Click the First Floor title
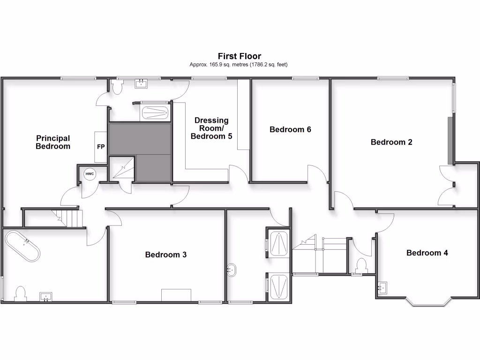click(239, 56)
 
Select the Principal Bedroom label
click(53, 142)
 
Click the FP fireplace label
click(101, 146)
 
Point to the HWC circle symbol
click(90, 174)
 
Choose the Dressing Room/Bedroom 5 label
click(211, 128)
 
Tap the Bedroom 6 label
click(290, 129)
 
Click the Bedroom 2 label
click(391, 142)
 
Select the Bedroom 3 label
click(166, 255)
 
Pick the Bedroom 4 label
click(427, 253)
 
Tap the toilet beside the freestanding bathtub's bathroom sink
click(21, 293)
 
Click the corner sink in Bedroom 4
click(382, 287)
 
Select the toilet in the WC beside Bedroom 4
click(361, 265)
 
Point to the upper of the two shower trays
click(278, 244)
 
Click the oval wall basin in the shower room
click(231, 270)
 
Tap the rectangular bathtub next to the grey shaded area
click(155, 112)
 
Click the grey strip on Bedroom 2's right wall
click(450, 141)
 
